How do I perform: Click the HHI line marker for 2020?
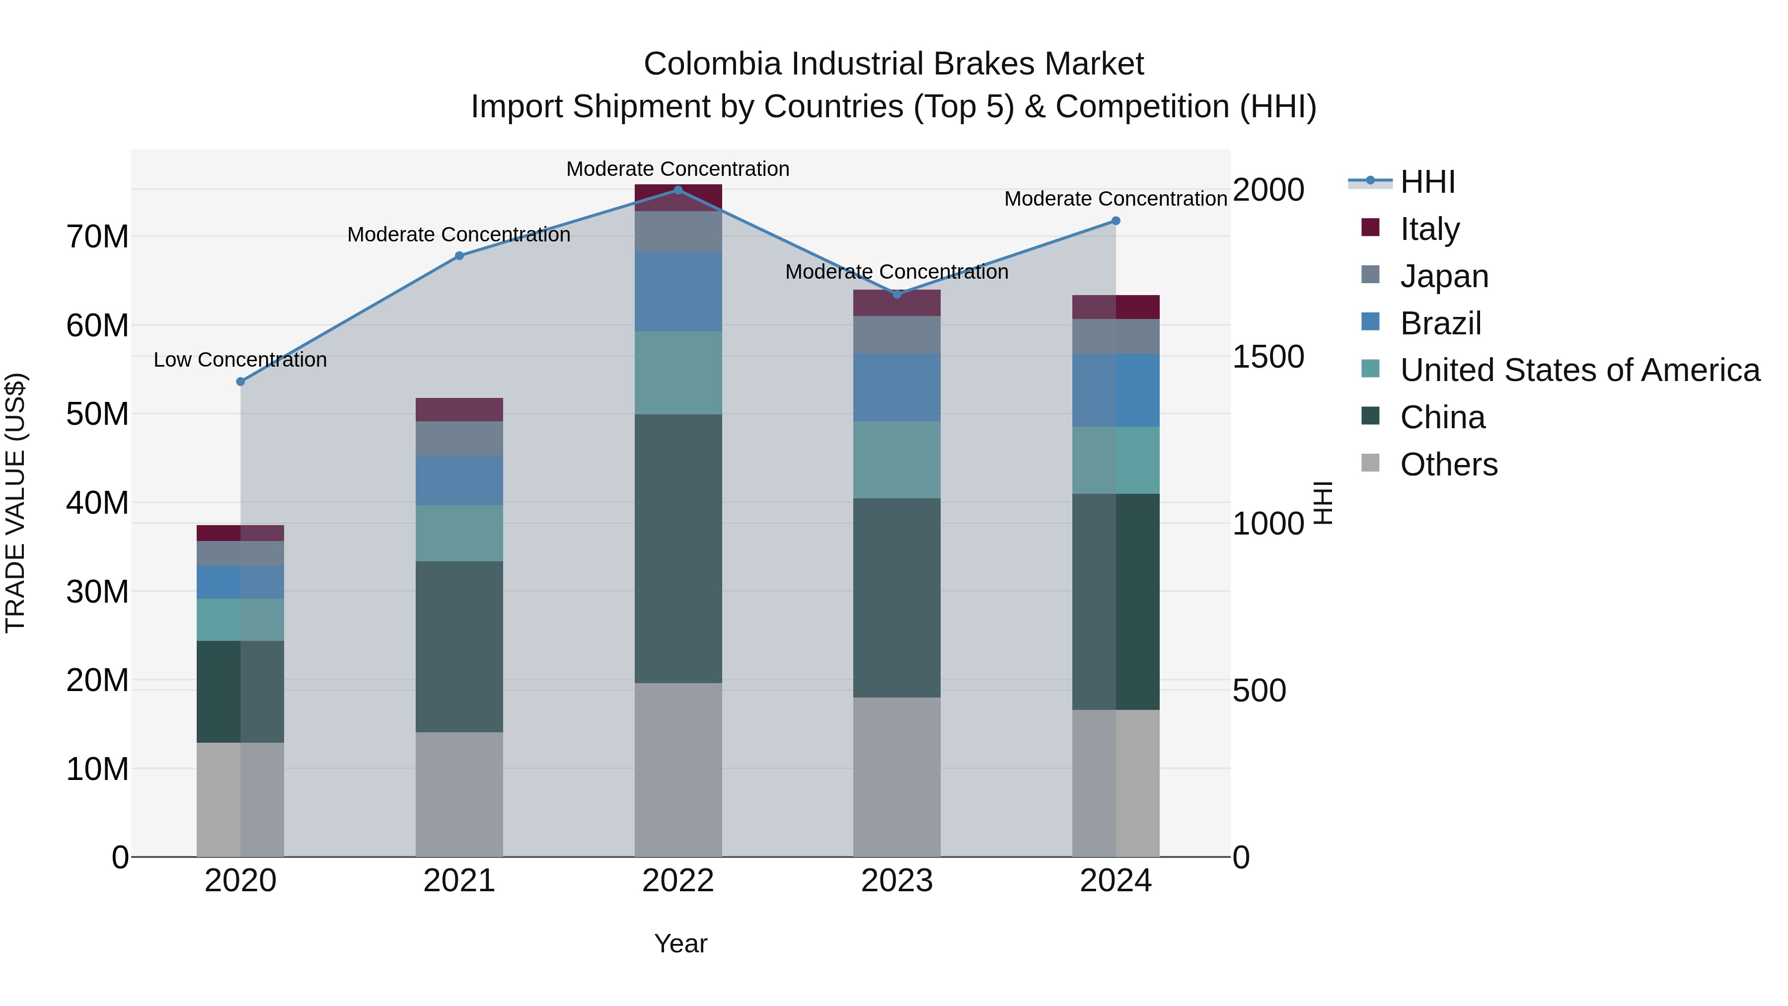(x=241, y=382)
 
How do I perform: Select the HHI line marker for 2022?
(x=678, y=190)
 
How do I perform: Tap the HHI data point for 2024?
(x=1116, y=221)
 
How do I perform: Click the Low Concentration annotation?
(x=240, y=360)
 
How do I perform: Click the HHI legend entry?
(x=1427, y=182)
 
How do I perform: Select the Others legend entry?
(x=1449, y=464)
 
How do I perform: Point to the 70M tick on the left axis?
(x=97, y=237)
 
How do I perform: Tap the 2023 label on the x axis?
(x=897, y=881)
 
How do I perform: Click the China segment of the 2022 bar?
(x=678, y=548)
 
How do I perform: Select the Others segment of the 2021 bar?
(x=459, y=794)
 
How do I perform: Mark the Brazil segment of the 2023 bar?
(x=897, y=387)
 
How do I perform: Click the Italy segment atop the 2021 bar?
(x=459, y=410)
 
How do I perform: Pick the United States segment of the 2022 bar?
(x=678, y=373)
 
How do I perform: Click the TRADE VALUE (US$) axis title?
(x=15, y=503)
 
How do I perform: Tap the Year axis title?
(x=680, y=943)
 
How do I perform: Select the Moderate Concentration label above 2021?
(x=459, y=234)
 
